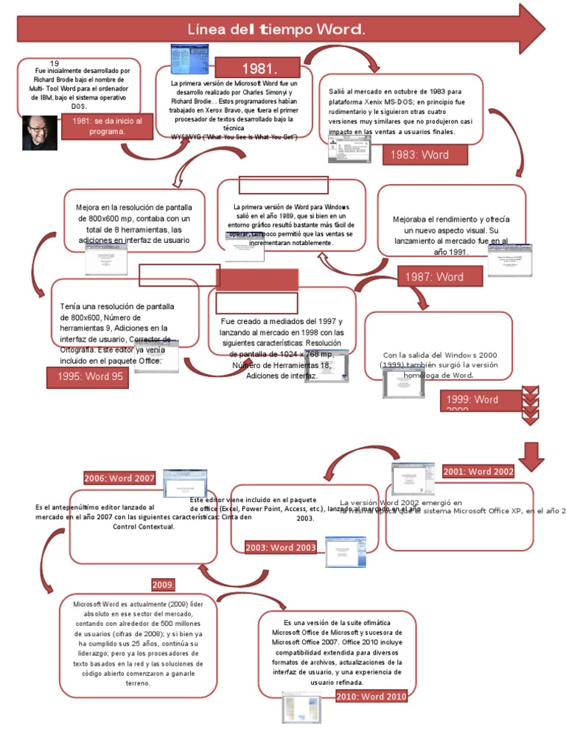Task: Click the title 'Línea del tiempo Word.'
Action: point(276,30)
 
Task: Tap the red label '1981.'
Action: point(259,68)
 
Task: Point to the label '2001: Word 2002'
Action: point(478,471)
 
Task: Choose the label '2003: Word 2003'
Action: point(282,547)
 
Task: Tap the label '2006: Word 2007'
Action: point(119,478)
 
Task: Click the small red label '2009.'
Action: point(163,585)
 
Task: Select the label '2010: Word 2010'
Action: point(371,697)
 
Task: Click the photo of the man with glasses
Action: point(39,133)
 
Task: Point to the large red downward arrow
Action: point(531,456)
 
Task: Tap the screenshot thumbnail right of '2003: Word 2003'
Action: point(346,552)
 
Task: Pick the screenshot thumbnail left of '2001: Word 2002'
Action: point(412,478)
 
